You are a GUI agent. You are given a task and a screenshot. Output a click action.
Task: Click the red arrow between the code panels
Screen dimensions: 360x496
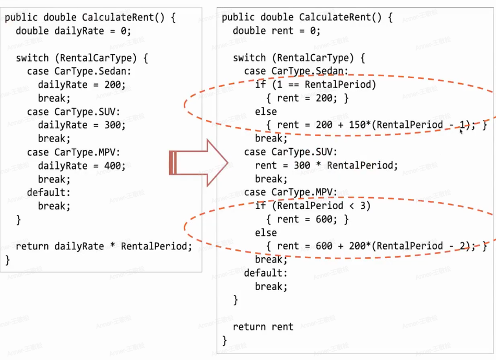coord(198,162)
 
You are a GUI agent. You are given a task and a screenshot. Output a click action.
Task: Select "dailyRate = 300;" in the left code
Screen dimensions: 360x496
coord(81,125)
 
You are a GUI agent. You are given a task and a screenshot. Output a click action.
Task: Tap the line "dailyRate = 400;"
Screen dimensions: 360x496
coord(81,166)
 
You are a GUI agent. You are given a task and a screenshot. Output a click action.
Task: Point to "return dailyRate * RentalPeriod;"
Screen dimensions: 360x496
coord(104,246)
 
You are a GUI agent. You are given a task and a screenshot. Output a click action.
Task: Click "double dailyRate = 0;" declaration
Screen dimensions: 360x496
coord(74,31)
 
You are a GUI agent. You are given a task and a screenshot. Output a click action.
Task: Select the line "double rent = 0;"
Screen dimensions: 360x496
coord(277,31)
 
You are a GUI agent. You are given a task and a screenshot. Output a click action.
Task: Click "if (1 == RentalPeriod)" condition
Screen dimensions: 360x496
coord(315,85)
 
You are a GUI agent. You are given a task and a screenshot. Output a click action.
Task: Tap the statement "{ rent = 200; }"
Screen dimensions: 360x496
coord(307,98)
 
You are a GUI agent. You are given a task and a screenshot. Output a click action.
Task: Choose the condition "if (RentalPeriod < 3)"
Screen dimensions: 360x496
coord(313,206)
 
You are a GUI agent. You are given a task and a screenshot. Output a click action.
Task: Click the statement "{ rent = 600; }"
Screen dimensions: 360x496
coord(307,220)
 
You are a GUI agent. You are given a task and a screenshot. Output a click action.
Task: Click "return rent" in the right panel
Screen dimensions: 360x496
coord(263,327)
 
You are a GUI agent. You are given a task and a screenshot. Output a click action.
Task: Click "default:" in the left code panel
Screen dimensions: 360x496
coord(49,193)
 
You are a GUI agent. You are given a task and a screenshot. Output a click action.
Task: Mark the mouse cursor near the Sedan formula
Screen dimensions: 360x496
coord(461,132)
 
